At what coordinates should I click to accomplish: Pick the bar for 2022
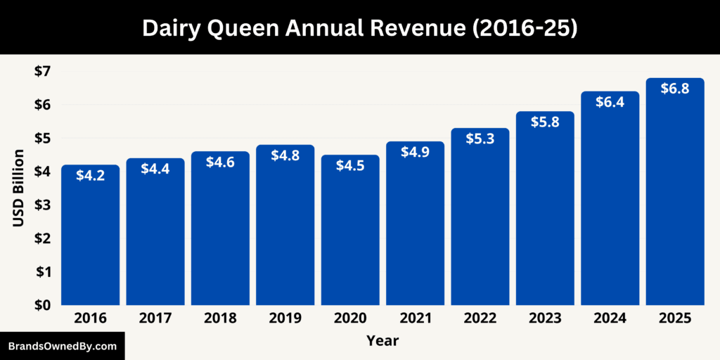coord(480,217)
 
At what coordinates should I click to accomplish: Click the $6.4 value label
coord(610,102)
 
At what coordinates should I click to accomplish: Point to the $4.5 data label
coord(350,166)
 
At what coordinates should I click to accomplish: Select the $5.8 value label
coord(545,122)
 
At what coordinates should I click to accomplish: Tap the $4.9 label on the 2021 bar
coord(415,153)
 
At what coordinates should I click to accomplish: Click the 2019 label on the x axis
coord(285,319)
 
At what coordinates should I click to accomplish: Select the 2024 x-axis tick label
coord(610,319)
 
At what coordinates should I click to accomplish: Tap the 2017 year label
coord(155,319)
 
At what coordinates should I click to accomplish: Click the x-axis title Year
coord(382,341)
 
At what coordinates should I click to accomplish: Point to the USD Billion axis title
coord(19,188)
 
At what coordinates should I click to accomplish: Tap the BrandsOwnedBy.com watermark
coord(62,346)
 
